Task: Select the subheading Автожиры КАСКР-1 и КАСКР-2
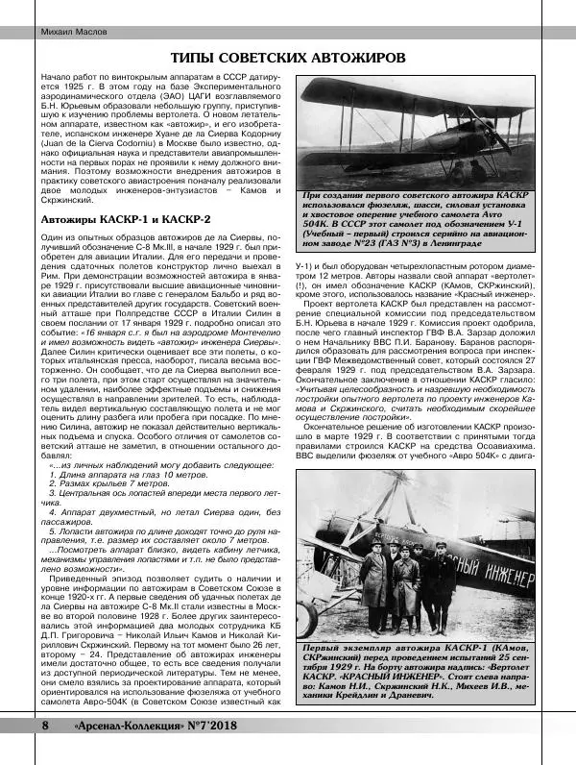(125, 220)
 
